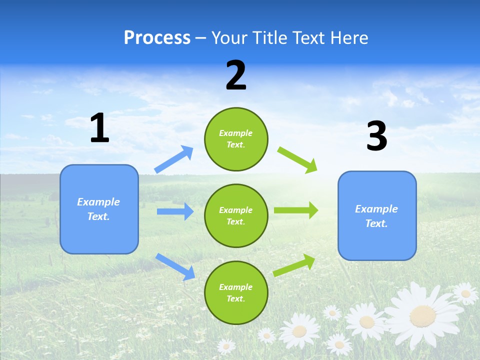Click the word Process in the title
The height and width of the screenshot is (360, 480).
157,38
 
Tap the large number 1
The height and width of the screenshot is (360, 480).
99,128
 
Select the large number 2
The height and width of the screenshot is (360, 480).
236,75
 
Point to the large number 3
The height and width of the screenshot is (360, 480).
376,136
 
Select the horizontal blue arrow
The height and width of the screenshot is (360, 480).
175,211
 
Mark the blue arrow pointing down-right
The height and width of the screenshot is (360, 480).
175,266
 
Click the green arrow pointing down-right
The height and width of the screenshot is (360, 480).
297,159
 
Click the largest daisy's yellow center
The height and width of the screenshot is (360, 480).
422,315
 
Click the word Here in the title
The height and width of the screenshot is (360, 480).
349,38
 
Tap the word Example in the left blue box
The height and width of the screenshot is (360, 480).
98,202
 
